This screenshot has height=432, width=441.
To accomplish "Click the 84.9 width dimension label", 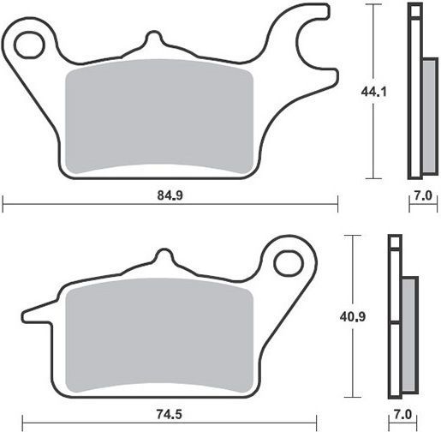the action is pos(170,195).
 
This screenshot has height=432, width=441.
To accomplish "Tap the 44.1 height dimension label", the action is pos(373,92).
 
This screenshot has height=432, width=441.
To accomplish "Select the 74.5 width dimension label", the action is pos(169,414).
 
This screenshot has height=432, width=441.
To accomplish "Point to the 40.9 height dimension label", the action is pos(353,316).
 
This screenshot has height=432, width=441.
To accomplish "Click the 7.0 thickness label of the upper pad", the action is pos(423,195).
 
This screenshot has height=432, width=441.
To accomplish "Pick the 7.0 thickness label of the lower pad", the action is pos(402,415).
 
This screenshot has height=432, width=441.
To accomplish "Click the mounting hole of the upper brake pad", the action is pos(29,45).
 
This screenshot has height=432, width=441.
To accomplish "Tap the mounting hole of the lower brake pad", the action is pos(289,263).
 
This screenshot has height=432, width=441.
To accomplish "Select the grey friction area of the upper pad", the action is pos(159,117).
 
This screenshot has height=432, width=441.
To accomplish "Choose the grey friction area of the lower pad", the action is pos(159,335).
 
